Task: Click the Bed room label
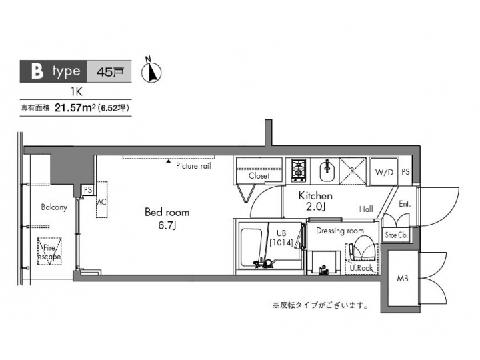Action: point(167,213)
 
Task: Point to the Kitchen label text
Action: point(315,196)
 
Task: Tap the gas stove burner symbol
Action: point(298,171)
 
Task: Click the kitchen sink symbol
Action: point(327,171)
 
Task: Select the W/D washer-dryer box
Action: point(384,172)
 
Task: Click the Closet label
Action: point(259,176)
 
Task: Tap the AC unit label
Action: point(102,201)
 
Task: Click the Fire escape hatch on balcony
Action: point(48,252)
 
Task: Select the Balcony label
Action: point(54,207)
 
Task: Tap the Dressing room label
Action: point(340,231)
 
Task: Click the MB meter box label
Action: point(403,277)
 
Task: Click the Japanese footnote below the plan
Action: point(320,306)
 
